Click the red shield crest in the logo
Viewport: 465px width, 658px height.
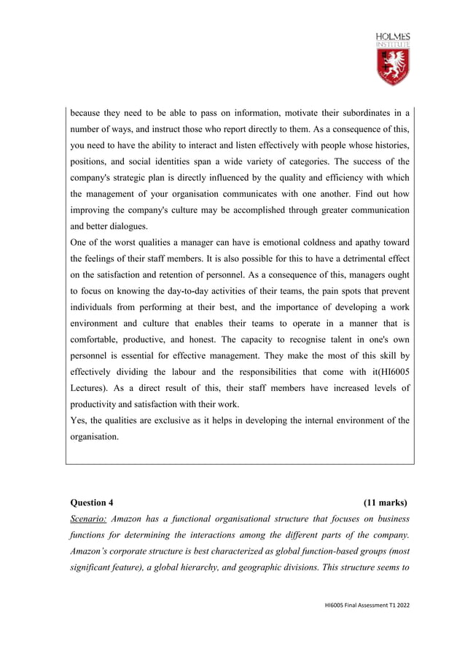pyautogui.click(x=392, y=67)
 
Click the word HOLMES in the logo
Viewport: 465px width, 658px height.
pyautogui.click(x=393, y=36)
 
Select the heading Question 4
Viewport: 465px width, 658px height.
pyautogui.click(x=92, y=503)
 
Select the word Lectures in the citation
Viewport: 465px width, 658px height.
pyautogui.click(x=90, y=388)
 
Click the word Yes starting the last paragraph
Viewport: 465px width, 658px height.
pyautogui.click(x=78, y=420)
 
